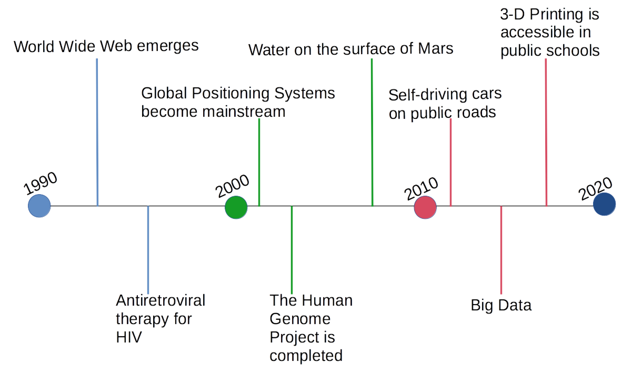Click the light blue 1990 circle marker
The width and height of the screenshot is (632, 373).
(39, 206)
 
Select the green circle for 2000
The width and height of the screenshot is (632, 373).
(236, 207)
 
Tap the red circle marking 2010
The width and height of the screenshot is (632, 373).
(425, 207)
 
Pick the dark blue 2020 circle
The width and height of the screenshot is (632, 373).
(604, 204)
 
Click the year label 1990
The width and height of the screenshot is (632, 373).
(41, 184)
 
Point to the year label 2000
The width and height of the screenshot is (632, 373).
(232, 186)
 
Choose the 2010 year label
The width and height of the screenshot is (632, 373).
(422, 189)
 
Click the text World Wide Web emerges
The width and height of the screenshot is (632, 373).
(106, 46)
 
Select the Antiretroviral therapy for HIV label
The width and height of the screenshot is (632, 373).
(160, 319)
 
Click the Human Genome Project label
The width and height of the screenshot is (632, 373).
(310, 328)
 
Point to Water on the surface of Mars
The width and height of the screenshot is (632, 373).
(350, 50)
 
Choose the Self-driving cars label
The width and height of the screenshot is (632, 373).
(445, 104)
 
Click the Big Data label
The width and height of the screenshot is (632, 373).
(501, 305)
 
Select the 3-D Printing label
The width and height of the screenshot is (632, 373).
(549, 33)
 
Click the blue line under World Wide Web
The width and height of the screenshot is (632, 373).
(97, 132)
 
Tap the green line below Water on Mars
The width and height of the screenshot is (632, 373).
(372, 132)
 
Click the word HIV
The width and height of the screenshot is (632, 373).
(128, 337)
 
